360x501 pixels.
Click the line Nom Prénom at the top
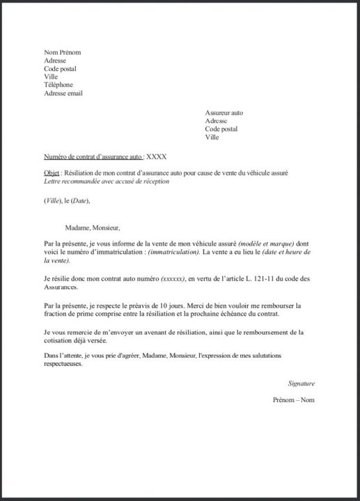coord(63,52)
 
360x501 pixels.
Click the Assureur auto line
coord(224,112)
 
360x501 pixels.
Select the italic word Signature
coord(301,383)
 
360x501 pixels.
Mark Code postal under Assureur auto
coord(221,129)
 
